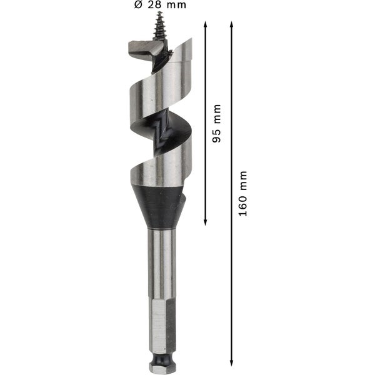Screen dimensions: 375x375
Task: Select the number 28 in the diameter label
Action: pos(159,6)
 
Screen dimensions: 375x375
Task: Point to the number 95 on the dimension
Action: pos(217,137)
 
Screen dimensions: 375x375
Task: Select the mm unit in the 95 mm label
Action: pos(217,116)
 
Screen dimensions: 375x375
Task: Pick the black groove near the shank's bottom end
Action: pos(162,354)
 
